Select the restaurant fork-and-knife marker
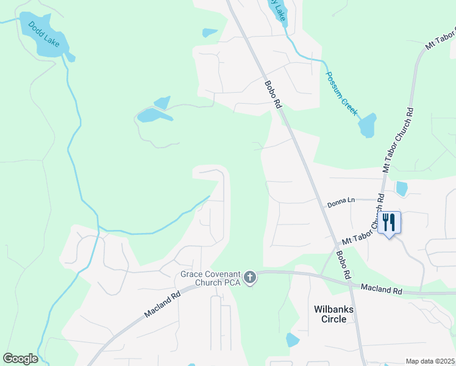390,223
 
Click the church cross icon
249,278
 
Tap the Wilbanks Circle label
333,314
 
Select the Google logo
20,359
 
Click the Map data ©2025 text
430,361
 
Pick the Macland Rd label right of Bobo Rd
381,289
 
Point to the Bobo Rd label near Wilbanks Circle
343,265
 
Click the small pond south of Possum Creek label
367,126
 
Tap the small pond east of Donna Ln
402,189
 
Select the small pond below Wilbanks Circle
293,340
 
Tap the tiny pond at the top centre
209,32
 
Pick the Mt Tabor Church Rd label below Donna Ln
363,232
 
